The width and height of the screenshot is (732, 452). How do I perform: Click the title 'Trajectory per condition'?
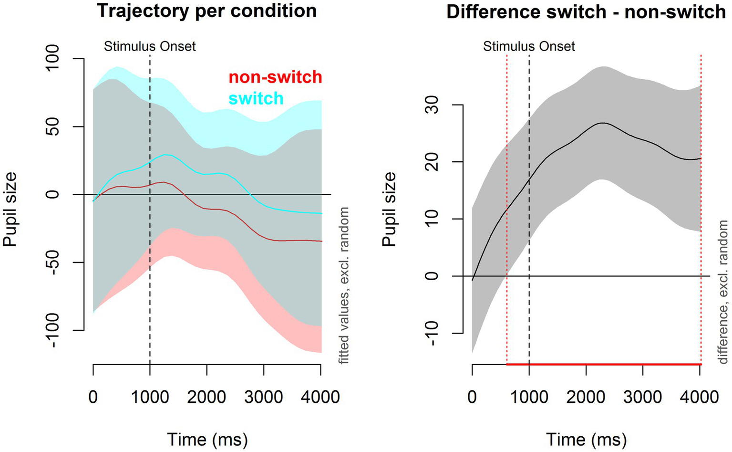(x=207, y=11)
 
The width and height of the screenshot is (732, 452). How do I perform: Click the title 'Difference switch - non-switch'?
(x=586, y=11)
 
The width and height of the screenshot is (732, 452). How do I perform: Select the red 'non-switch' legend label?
(x=275, y=77)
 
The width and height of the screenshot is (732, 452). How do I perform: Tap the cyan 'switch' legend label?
(x=256, y=98)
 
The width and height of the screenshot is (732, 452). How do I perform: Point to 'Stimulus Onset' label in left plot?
(x=150, y=46)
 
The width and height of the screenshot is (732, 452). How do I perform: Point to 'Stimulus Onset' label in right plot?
(x=529, y=46)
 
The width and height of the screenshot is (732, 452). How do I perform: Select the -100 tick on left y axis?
(x=53, y=330)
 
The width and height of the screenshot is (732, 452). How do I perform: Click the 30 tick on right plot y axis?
(x=433, y=105)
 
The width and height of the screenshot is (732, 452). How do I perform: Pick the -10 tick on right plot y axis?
(x=433, y=333)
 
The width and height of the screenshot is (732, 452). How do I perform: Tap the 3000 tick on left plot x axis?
(x=264, y=397)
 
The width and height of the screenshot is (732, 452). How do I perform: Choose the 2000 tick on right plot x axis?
(x=586, y=397)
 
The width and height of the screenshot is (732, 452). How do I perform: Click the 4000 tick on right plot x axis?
(x=700, y=397)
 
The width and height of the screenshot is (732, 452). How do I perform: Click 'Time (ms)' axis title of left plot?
(x=207, y=439)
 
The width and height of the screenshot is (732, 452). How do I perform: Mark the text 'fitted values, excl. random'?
(x=343, y=285)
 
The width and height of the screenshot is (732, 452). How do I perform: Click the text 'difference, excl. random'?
(x=723, y=285)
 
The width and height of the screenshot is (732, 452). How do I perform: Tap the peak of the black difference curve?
(x=603, y=123)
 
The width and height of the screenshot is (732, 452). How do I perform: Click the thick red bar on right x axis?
(x=604, y=364)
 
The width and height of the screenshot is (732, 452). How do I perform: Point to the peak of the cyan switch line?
(x=166, y=155)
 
